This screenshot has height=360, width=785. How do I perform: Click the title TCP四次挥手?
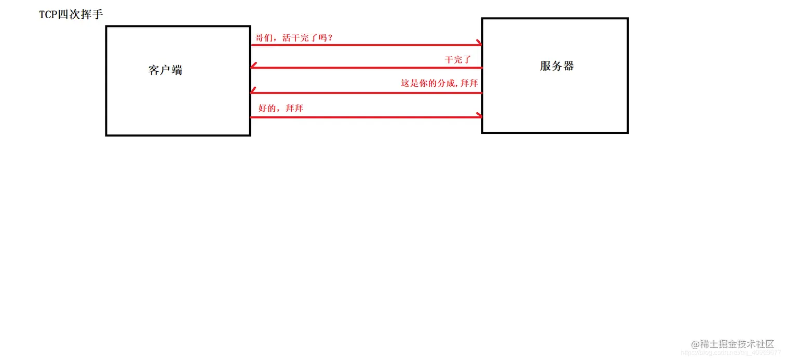(71, 15)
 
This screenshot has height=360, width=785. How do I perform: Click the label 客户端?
(165, 70)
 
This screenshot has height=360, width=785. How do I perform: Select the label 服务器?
(557, 66)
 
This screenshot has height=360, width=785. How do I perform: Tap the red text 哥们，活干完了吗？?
(294, 38)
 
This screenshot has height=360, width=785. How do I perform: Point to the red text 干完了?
(457, 60)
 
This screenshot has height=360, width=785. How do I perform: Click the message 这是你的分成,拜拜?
(439, 83)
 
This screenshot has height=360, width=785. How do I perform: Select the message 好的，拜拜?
(281, 109)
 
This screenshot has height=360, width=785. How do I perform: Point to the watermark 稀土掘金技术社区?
(732, 344)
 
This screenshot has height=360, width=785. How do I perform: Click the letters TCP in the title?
(49, 15)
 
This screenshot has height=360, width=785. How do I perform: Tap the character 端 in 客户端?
(177, 70)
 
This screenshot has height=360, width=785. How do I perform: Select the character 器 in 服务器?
(569, 66)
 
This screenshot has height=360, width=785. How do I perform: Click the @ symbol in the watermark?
(695, 344)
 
